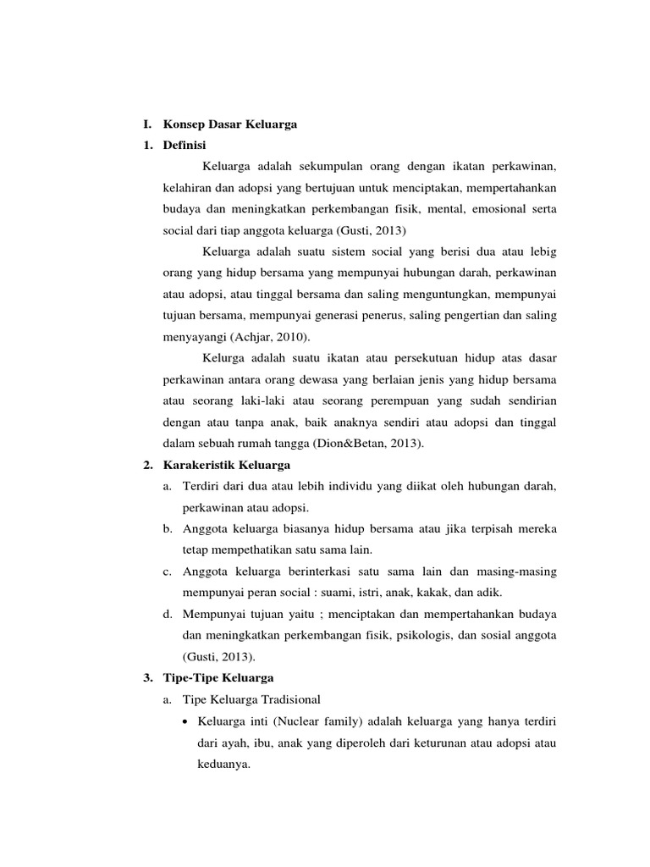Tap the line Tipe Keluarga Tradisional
point(251,699)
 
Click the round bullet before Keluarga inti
point(186,721)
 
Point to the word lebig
point(542,251)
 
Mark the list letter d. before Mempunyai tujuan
point(167,613)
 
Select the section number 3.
point(147,677)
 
